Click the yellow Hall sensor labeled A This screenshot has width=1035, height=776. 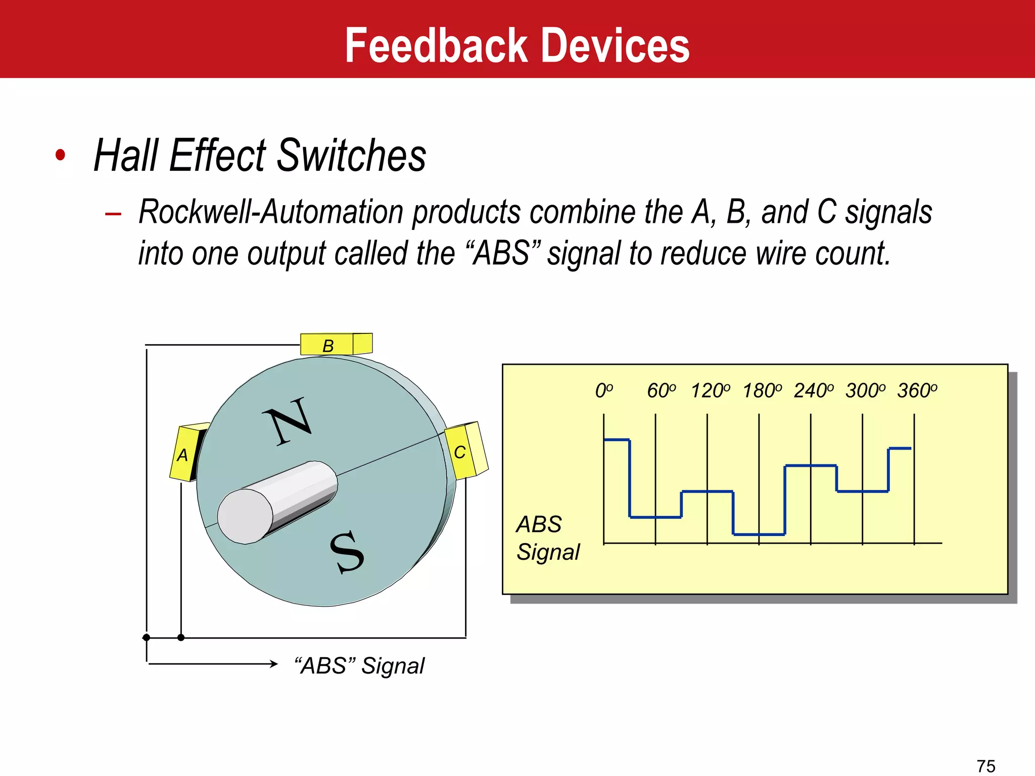184,454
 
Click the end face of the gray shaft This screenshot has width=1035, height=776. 245,516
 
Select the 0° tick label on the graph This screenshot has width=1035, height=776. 603,391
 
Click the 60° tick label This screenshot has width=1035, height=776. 661,391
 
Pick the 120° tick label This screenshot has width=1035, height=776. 710,391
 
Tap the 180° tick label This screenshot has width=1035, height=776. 762,391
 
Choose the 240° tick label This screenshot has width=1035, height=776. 813,391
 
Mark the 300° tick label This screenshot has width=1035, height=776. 865,391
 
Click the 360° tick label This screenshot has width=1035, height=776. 917,391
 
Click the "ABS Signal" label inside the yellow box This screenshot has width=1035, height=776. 547,538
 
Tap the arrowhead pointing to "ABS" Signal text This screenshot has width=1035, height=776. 274,664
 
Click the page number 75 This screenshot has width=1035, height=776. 986,766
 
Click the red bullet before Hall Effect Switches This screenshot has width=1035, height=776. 61,155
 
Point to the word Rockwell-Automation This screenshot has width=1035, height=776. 271,212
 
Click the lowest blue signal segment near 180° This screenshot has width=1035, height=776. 759,534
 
